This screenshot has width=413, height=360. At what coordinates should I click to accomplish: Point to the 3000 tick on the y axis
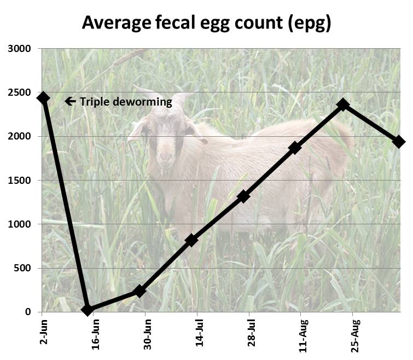click(20, 49)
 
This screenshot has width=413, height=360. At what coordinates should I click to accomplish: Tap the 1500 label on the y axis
click(20, 181)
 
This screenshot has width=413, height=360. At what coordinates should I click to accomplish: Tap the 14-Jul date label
click(200, 335)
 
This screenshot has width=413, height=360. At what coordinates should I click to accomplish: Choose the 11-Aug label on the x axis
click(303, 336)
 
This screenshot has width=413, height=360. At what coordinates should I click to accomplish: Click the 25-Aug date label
click(355, 336)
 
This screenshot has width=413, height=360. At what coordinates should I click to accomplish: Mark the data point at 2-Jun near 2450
click(43, 98)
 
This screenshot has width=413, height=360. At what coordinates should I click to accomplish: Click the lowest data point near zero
click(87, 310)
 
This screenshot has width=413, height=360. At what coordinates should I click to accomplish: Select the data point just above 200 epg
click(139, 291)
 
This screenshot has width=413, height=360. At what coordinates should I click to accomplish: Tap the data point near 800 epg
click(191, 240)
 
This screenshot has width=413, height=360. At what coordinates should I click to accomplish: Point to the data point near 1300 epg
click(244, 196)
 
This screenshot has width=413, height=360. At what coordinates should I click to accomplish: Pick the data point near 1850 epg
click(295, 148)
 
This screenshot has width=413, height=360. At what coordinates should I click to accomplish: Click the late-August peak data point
click(343, 104)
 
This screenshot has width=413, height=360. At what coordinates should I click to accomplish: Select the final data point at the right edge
click(398, 142)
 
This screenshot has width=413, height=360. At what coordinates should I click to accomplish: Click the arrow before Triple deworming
click(70, 101)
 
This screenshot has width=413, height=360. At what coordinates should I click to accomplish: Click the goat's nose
click(165, 161)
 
